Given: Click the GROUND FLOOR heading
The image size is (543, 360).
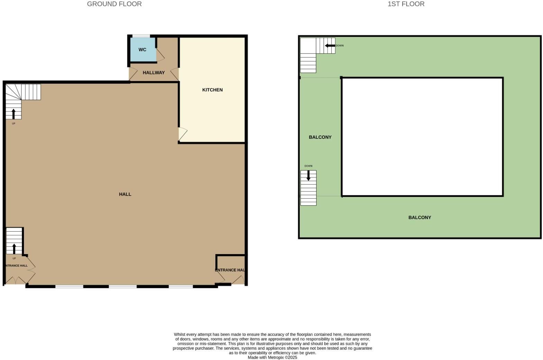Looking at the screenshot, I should point(114,4).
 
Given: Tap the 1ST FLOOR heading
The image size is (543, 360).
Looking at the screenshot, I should point(406,4).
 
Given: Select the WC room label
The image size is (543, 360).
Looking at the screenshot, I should point(142,50).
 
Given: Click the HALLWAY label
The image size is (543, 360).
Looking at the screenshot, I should point(154,73).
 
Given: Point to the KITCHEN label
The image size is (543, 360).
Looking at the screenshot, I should point(212,90).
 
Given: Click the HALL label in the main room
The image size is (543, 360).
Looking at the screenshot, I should point(125,194).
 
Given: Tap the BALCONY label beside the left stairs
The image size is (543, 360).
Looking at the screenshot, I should point(320,137).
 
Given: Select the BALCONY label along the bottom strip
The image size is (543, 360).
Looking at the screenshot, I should point(419,218).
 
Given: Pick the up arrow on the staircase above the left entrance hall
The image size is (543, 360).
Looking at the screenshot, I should point(14,249).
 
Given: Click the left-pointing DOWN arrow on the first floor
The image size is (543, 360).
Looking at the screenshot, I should point(330,46).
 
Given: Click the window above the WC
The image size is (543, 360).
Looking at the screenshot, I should point(141,36).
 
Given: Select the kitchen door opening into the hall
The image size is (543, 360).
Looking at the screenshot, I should point(182,134).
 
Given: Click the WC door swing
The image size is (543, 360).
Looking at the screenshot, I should point(160,55).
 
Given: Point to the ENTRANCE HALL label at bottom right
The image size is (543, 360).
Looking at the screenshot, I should point(230,270).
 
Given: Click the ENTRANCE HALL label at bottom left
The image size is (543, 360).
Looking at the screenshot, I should point(16,266).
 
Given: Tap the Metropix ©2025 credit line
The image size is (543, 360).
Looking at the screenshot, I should point(272,358).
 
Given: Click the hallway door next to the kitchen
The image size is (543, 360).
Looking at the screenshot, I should point(175,74).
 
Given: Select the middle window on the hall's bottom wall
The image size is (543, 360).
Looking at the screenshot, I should point(123,287).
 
